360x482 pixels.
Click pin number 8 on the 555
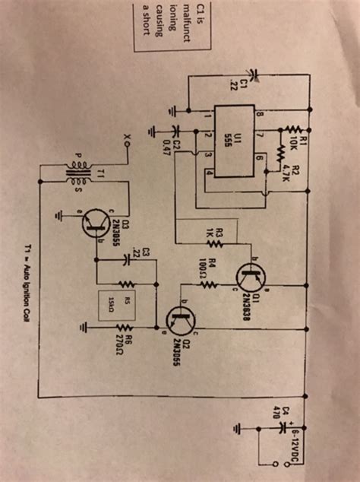259,115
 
